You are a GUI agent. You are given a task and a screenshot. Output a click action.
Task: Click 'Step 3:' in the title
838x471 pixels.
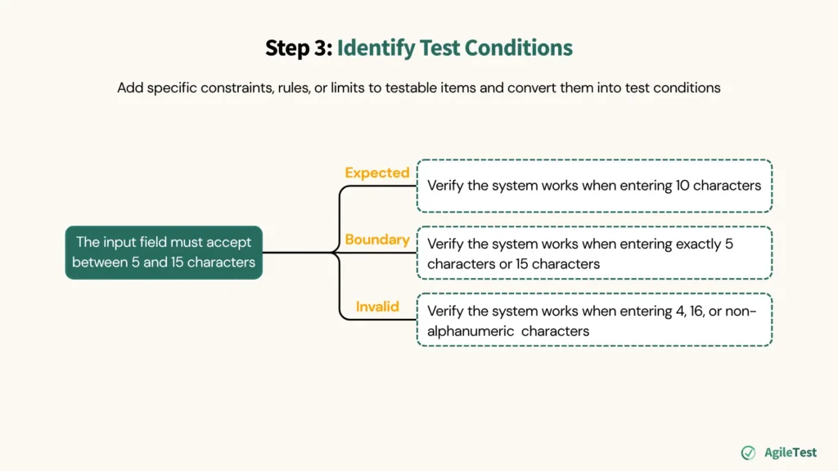click(x=298, y=48)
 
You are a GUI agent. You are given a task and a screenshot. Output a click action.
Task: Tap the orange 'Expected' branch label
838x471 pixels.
click(x=376, y=173)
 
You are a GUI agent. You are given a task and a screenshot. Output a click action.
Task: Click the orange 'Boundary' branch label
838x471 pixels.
click(x=376, y=240)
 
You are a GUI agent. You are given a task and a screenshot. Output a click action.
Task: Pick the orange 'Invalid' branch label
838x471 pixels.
click(x=377, y=307)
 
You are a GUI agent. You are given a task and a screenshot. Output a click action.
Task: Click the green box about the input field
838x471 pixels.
click(x=164, y=253)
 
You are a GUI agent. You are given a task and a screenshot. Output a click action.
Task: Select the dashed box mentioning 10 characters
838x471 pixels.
click(x=594, y=186)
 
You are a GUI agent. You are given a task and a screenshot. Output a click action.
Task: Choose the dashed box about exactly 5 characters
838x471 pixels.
click(x=594, y=253)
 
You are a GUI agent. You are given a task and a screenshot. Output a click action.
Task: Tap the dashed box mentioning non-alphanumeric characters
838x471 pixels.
click(x=594, y=320)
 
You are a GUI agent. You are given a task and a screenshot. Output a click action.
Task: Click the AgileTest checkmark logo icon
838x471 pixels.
click(x=748, y=452)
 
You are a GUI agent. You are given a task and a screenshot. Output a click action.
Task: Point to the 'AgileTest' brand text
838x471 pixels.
click(x=790, y=452)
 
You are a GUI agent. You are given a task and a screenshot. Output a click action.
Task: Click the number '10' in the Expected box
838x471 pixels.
click(x=683, y=186)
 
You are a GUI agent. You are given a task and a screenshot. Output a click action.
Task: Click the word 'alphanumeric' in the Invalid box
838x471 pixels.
click(x=467, y=331)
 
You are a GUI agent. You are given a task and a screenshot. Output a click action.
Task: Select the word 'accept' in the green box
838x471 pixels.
click(x=231, y=242)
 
